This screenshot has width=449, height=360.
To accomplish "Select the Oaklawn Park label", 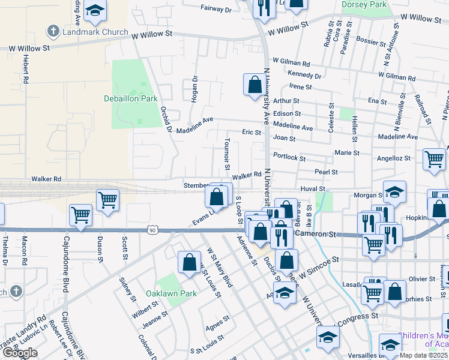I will pos(171,294).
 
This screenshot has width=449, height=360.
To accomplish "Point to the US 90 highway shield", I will pos(154,230).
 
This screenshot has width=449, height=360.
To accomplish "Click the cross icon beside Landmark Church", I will pos(53,31).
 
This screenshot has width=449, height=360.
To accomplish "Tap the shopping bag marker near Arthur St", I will pos(255,84).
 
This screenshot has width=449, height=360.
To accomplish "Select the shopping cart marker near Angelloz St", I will pos(434,159).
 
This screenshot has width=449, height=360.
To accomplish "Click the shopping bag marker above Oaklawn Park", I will pos(189,261).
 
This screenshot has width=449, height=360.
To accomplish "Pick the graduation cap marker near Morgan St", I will pos(394,192).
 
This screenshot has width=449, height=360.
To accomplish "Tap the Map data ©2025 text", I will pos(424,355).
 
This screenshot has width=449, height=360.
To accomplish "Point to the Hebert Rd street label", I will pos(26,68).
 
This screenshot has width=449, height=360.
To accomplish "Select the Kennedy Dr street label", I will pos(304,75).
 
